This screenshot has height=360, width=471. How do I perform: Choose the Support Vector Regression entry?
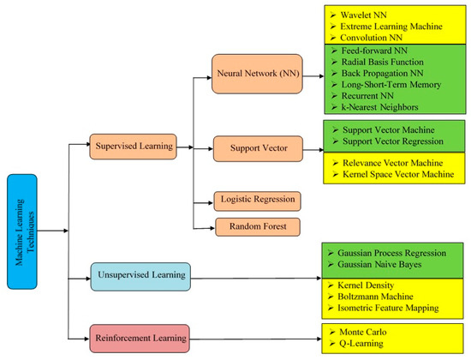click(x=391, y=140)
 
